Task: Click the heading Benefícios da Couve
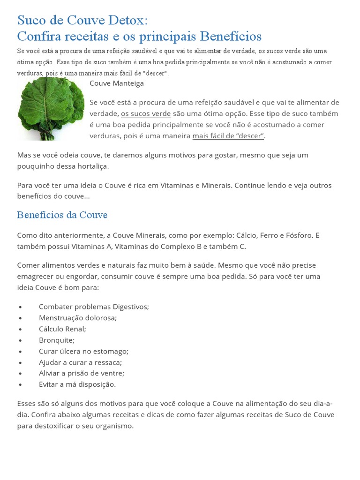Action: pos(62,215)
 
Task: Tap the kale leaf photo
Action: pos(51,109)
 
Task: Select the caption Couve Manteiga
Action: pos(117,83)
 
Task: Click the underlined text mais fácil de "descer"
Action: pos(228,136)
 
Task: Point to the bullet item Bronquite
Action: pos(57,340)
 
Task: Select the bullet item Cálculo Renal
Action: pos(62,329)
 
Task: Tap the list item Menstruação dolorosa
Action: pos(78,318)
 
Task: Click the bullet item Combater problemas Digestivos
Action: pos(94,307)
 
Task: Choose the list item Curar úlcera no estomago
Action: pos(83,351)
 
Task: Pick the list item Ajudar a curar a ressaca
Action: pos(80,362)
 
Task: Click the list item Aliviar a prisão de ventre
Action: pos(82,374)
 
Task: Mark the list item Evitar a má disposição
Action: pos(77,385)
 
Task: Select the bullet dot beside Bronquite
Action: pos(21,341)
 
